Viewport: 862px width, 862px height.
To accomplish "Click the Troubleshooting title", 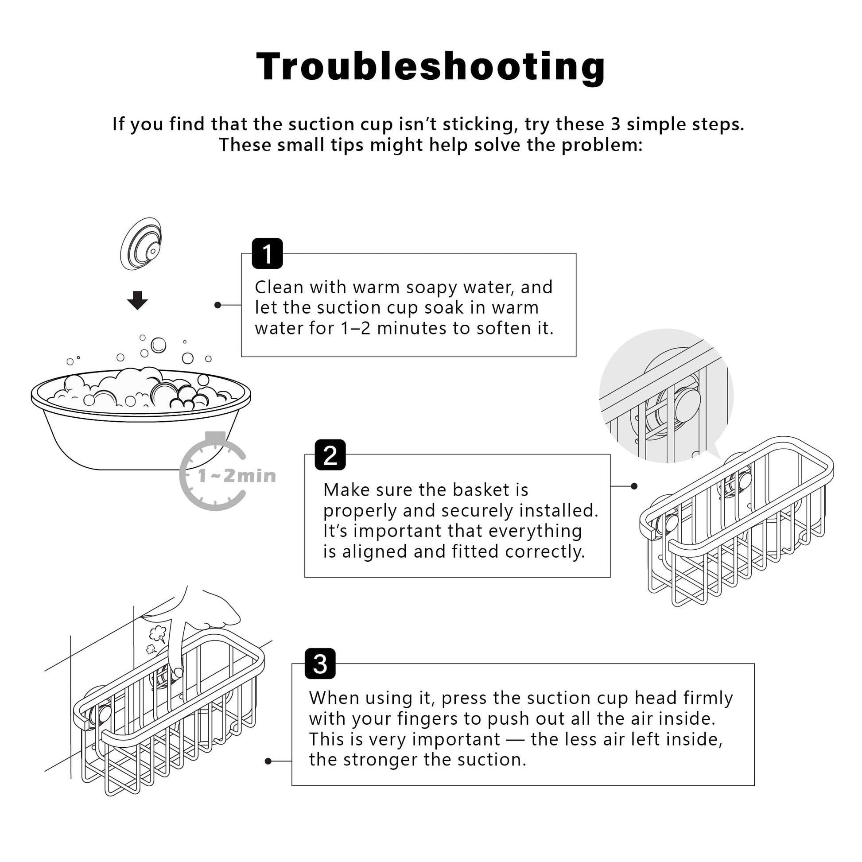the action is pos(431,67).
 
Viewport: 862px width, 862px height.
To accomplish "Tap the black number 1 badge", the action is pos(267,253).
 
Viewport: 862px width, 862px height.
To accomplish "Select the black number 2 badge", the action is pos(330,454).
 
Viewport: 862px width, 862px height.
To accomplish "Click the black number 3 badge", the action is pos(320,664).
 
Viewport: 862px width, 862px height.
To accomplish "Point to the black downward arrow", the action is pos(137,300).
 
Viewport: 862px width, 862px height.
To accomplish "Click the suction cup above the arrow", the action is pos(141,244).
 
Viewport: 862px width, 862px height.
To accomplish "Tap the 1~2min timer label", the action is pos(237,476).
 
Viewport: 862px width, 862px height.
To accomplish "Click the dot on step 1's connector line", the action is pos(218,305).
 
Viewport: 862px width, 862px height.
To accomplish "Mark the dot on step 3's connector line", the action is pos(268,761).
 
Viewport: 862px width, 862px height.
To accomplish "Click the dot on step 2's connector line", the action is pos(634,486).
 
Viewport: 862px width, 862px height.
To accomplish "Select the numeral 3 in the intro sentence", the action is pos(616,124).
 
